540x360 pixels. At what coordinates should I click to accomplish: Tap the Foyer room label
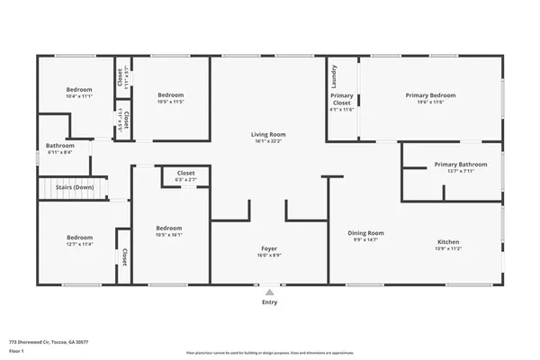[270, 247]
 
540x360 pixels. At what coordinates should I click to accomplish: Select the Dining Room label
[366, 232]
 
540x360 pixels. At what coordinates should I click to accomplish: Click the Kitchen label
[449, 241]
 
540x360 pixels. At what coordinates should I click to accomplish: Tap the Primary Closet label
[342, 99]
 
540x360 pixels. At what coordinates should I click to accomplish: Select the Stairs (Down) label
[69, 187]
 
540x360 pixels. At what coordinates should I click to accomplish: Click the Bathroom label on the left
[60, 145]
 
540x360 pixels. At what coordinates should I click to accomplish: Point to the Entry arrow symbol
[270, 292]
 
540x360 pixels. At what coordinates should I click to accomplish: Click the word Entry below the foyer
[270, 302]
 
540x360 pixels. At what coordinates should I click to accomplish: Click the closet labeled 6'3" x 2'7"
[186, 180]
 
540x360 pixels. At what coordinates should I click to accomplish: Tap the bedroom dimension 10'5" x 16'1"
[169, 235]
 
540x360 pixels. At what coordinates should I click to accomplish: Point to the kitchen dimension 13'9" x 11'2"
[449, 248]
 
